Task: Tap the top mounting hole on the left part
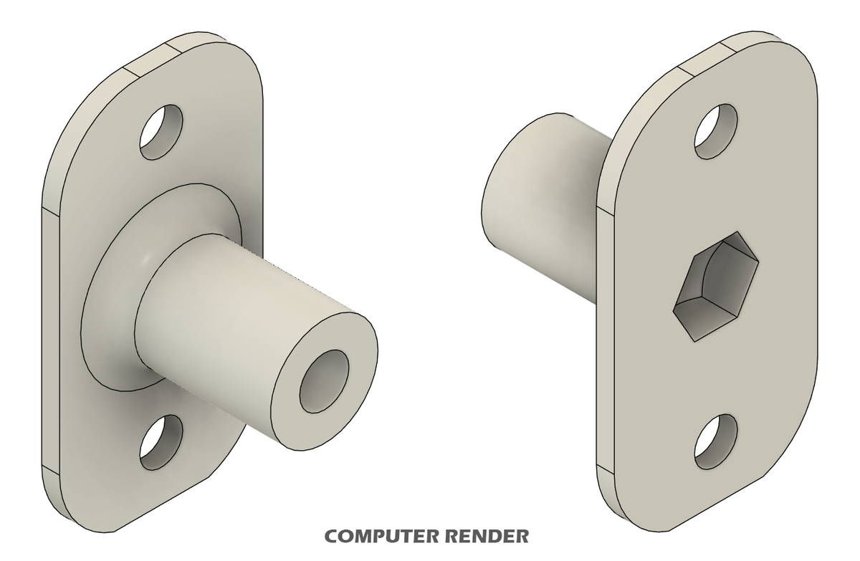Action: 161,132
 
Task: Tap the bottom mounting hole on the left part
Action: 161,443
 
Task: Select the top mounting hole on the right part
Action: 716,132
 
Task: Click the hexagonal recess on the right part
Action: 717,287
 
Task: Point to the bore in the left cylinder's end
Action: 324,381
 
